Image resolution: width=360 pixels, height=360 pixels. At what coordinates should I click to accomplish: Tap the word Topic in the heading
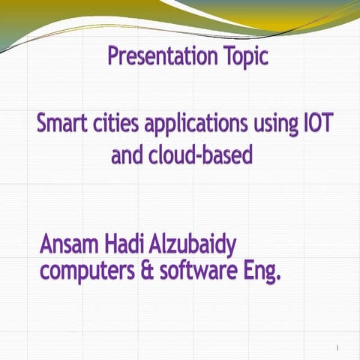click(242, 57)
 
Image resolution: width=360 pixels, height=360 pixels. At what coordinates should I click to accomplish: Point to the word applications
click(199, 124)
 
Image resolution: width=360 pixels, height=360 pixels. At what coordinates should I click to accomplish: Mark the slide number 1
click(338, 347)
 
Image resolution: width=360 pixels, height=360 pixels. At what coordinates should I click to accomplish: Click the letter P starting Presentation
click(114, 56)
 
